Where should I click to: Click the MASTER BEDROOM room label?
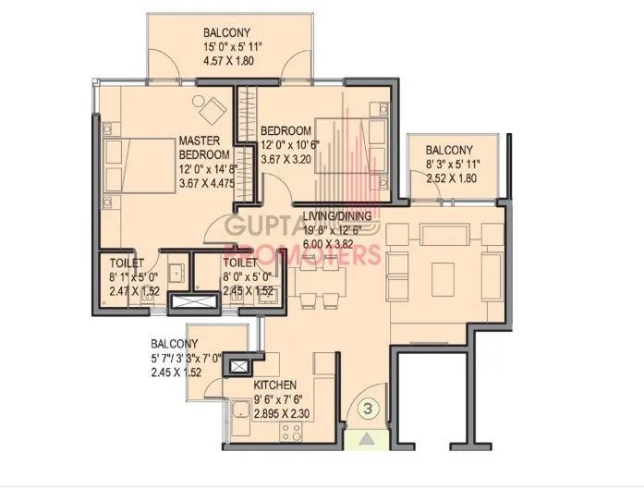[x=198, y=147]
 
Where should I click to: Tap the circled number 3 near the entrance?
[x=367, y=406]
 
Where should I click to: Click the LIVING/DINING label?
[x=337, y=216]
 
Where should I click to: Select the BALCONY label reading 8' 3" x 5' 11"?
[x=449, y=151]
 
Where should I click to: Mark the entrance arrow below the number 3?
[x=368, y=440]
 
